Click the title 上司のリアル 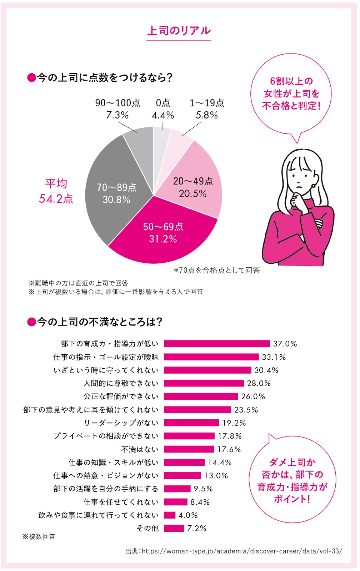179,31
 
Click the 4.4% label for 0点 162,115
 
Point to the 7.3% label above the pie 117,115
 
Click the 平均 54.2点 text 56,191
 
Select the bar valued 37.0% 216,344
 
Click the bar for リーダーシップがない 191,423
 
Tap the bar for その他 174,528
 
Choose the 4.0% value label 188,515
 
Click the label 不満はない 140,449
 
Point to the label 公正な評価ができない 121,396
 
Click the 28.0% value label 259,383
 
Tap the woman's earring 314,186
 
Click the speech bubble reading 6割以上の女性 291,94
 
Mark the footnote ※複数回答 39,537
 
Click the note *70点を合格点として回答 217,270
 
